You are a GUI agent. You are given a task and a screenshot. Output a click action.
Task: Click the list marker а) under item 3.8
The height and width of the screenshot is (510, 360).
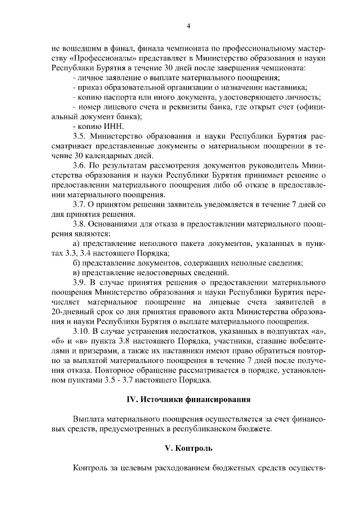pos(77,243)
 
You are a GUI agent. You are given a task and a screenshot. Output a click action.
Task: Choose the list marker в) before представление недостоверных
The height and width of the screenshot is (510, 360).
pos(77,272)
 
